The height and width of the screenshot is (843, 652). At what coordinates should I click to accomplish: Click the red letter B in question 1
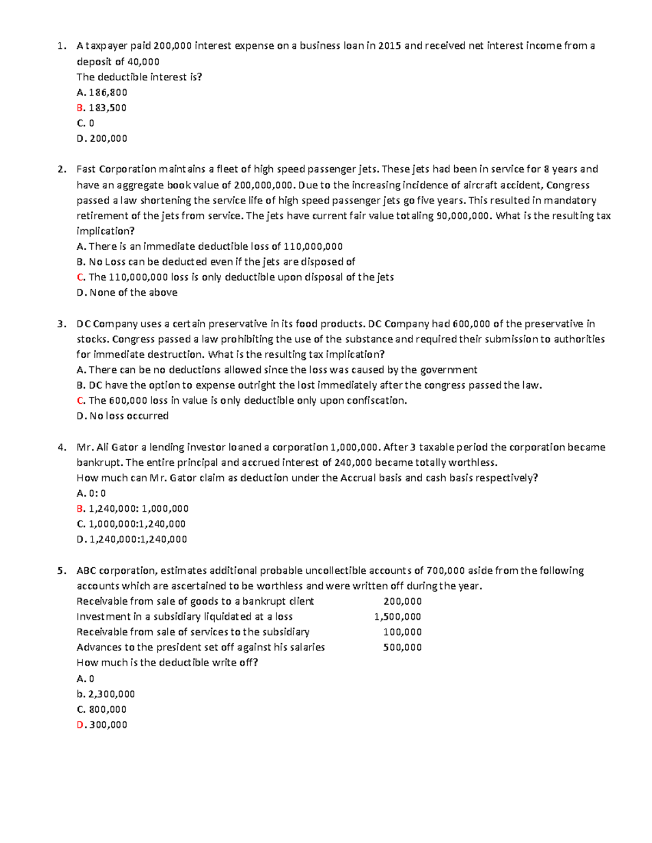click(80, 108)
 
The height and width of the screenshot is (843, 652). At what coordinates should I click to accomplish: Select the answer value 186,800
click(108, 93)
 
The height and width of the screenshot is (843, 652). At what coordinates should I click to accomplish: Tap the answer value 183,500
click(108, 108)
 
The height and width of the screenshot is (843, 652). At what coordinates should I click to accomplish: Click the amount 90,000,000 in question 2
click(463, 216)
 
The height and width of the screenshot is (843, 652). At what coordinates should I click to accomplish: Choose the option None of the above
click(133, 293)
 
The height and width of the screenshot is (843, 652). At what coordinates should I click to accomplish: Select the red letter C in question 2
click(80, 277)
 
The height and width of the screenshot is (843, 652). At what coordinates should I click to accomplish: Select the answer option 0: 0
click(97, 493)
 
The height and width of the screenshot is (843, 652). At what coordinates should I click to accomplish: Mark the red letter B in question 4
click(80, 509)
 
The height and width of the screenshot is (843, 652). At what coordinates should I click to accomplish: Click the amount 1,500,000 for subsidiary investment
click(398, 617)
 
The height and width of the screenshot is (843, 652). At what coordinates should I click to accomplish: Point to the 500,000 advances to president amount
click(402, 647)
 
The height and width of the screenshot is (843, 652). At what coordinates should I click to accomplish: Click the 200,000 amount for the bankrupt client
click(402, 601)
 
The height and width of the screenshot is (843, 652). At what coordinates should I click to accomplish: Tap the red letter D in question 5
click(80, 725)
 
